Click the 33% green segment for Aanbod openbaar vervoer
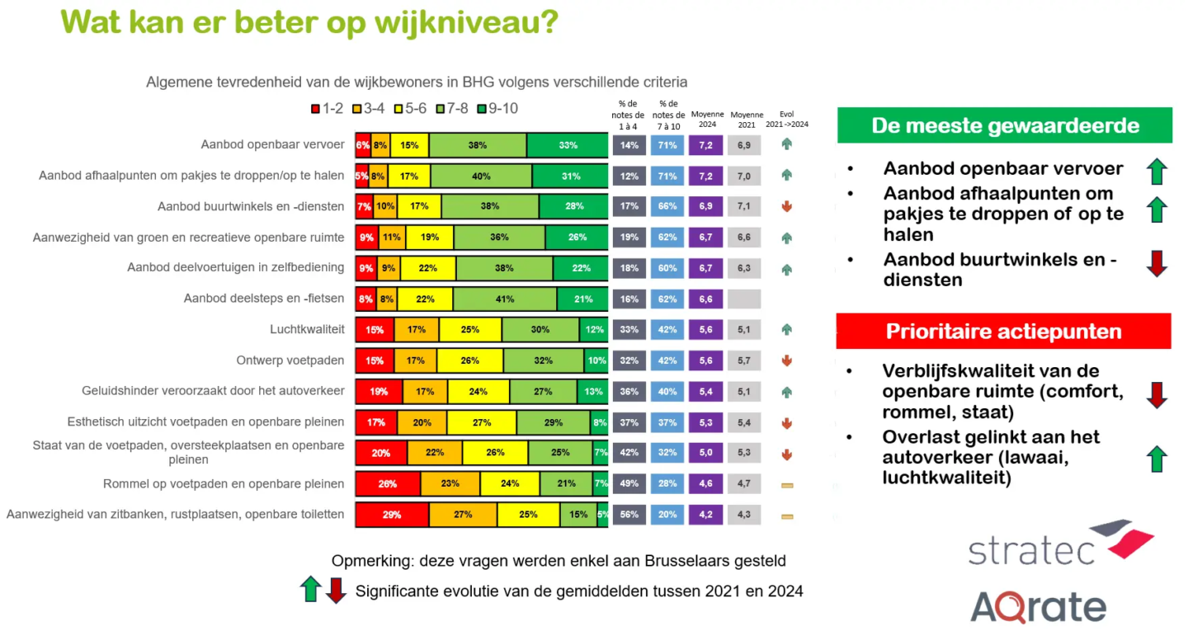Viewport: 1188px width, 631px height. coord(568,145)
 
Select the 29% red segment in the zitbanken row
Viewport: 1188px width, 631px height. coord(392,515)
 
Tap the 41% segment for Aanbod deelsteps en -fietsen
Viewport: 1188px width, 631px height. coord(504,299)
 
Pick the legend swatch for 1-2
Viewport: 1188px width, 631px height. coord(315,109)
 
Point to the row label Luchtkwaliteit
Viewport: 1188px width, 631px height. coord(307,329)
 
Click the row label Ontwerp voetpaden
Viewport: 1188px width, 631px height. coord(290,360)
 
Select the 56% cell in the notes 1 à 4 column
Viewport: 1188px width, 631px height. coord(629,515)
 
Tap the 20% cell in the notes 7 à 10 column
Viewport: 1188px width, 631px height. coord(667,515)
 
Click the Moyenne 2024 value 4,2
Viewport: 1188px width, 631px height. coord(706,515)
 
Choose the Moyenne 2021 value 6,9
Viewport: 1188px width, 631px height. coord(744,145)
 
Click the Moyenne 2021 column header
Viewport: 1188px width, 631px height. coord(747,120)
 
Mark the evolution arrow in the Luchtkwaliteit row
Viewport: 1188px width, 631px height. coord(786,330)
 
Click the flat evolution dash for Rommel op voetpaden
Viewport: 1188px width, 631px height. coord(786,485)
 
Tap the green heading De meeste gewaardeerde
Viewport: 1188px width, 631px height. coord(1004,126)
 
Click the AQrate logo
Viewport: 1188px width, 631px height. coord(1038,606)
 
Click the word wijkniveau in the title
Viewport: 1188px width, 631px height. coord(462,22)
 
